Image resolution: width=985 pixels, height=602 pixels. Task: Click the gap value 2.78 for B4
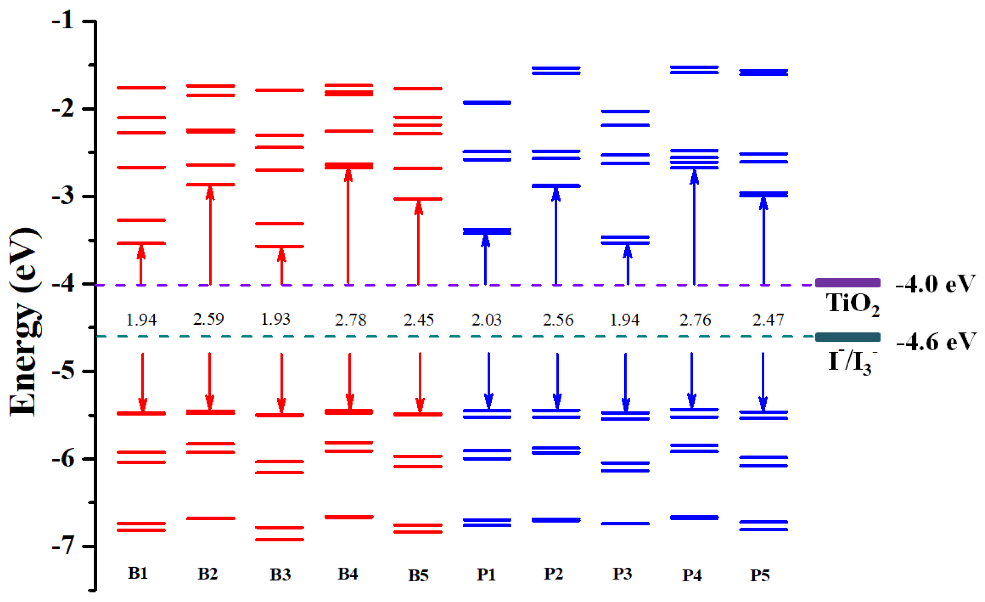pos(350,320)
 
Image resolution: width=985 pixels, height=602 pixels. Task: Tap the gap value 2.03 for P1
pos(486,320)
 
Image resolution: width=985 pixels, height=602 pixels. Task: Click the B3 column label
pos(280,575)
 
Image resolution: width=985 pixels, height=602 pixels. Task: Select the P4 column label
pos(692,575)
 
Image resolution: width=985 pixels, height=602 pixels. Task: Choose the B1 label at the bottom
pos(138,573)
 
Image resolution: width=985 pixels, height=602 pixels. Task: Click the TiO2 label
pos(852,304)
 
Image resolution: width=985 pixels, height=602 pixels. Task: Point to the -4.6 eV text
pos(935,342)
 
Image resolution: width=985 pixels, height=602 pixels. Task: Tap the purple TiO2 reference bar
pos(848,283)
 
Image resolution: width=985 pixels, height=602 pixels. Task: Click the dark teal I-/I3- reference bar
pos(848,337)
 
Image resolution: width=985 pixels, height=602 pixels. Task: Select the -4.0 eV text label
pos(935,284)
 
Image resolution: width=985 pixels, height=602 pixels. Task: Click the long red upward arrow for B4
pos(348,228)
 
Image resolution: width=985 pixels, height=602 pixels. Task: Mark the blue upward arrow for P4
pos(694,228)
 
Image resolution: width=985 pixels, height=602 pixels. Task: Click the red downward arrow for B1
pos(142,382)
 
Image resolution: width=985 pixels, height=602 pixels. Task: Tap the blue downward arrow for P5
pos(763,382)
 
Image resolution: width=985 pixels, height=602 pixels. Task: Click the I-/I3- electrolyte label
pos(852,362)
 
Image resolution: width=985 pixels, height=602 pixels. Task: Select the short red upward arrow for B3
pos(281,266)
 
